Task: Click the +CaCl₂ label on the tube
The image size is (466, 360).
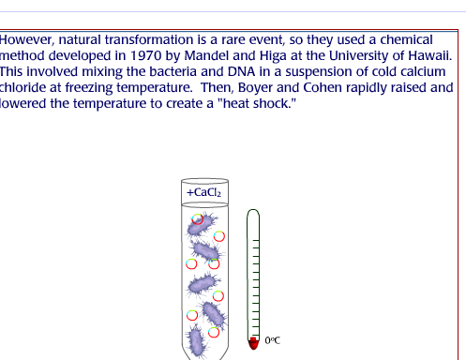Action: [204, 192]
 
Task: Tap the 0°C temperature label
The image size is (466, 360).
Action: [273, 341]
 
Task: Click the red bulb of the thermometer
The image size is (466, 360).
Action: [251, 342]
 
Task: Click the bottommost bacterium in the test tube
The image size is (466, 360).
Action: [196, 340]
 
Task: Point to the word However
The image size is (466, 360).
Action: [28, 40]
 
